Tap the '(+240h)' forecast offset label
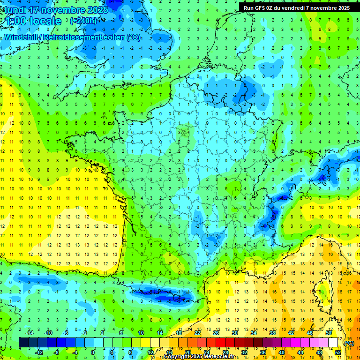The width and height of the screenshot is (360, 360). click(x=84, y=21)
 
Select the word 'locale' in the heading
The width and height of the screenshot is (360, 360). click(x=45, y=22)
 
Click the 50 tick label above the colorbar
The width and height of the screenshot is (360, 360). click(x=328, y=333)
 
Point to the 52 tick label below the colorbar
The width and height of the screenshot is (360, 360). click(x=337, y=352)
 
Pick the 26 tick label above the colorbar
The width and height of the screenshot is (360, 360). click(x=216, y=333)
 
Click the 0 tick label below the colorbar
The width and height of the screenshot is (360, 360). click(x=93, y=352)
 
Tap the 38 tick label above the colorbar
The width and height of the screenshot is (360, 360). click(x=272, y=333)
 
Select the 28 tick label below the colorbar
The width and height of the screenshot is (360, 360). click(x=225, y=352)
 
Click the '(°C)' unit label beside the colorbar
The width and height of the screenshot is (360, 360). click(x=349, y=343)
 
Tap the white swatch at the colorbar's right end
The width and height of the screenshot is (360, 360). click(x=333, y=343)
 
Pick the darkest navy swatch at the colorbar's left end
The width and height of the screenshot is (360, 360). click(x=23, y=343)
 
